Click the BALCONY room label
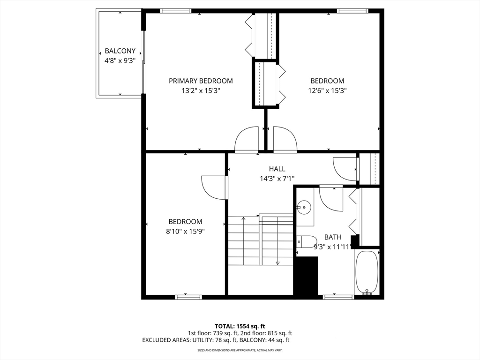tap(120, 51)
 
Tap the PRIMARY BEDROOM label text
tap(201, 81)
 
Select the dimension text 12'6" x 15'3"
tap(327, 90)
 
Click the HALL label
tap(277, 169)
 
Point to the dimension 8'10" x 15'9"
tap(186, 231)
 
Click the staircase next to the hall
tap(260, 240)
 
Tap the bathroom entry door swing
tap(332, 198)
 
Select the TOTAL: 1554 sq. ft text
tap(240, 326)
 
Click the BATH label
tap(333, 237)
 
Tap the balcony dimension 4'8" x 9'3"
tap(120, 60)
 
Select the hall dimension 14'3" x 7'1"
tap(277, 178)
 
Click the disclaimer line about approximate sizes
tap(240, 350)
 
